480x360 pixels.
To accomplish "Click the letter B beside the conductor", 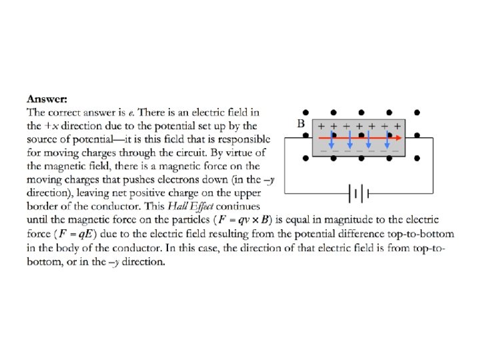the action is (301, 124).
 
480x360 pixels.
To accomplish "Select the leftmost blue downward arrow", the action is (331, 141).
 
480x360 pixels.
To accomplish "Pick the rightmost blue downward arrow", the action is (387, 141).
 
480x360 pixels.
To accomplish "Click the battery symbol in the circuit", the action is (358, 194).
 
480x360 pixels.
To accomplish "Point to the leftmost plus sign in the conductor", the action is (321, 126).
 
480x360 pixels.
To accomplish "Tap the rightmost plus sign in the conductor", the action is (397, 126).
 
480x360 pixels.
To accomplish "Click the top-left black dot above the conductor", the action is (305, 112).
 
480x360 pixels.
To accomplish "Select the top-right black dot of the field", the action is (417, 112).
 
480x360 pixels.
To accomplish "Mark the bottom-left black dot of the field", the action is (305, 159).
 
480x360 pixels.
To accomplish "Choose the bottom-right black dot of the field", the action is (417, 159).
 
